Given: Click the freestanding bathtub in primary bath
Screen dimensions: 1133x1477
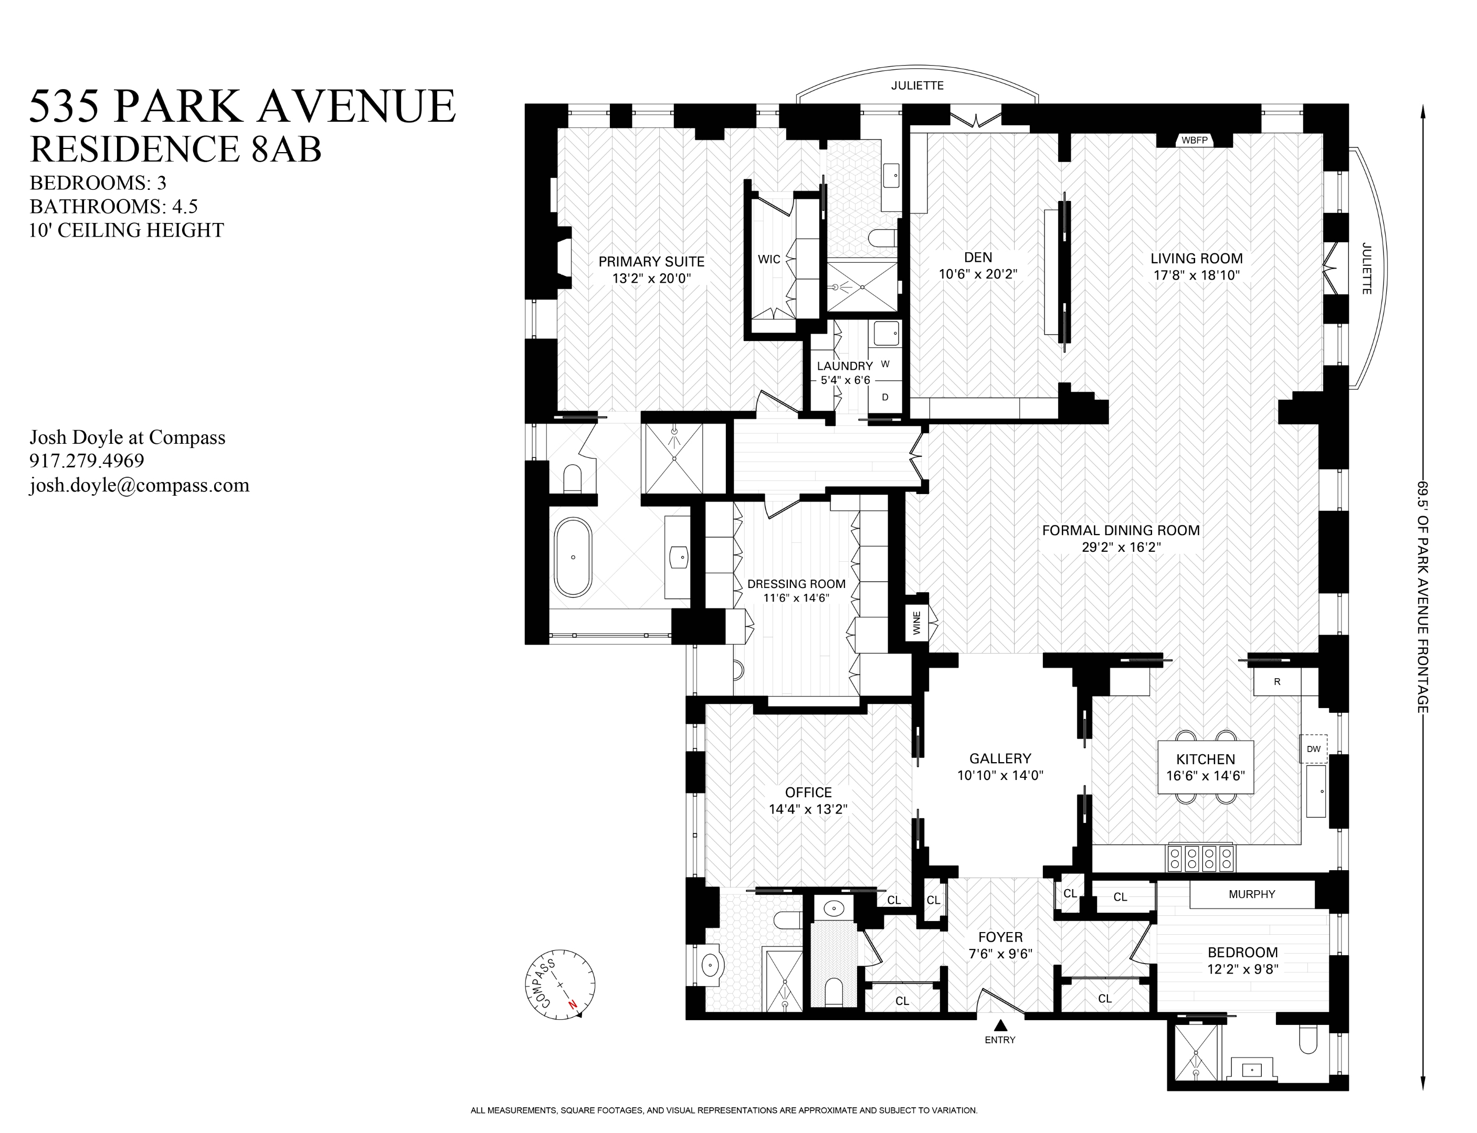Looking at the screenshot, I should (573, 557).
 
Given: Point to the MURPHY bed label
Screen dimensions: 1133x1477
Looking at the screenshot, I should (1252, 894).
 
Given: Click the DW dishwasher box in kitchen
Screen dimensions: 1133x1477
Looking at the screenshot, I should (1313, 749).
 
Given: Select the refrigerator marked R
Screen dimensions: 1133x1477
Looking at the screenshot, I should (1276, 682).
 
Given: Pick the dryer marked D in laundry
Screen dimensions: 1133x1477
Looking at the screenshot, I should (885, 397).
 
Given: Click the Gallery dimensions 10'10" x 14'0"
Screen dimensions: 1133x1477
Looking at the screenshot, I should (1000, 776).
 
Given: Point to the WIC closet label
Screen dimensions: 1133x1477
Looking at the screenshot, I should (768, 259).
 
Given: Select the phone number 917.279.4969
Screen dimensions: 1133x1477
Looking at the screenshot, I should (87, 461).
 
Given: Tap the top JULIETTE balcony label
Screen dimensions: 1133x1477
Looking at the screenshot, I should (917, 85).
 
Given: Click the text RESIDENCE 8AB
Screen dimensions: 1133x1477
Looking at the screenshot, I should (175, 149).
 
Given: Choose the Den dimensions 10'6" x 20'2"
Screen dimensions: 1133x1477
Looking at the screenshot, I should (978, 274).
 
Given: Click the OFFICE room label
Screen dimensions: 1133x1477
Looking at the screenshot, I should (808, 793).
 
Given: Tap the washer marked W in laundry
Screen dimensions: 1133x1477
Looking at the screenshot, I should (885, 364).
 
